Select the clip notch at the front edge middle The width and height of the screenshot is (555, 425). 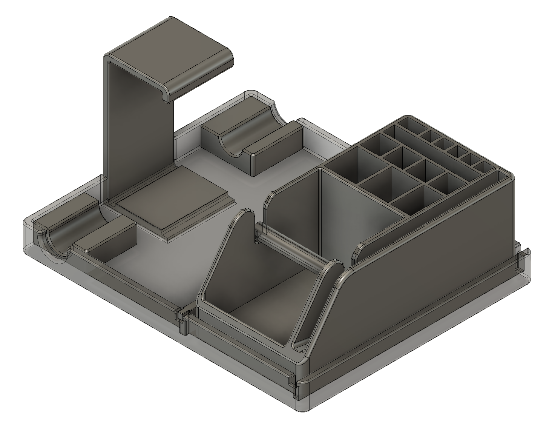(184, 321)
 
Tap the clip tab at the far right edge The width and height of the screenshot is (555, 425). (522, 260)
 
